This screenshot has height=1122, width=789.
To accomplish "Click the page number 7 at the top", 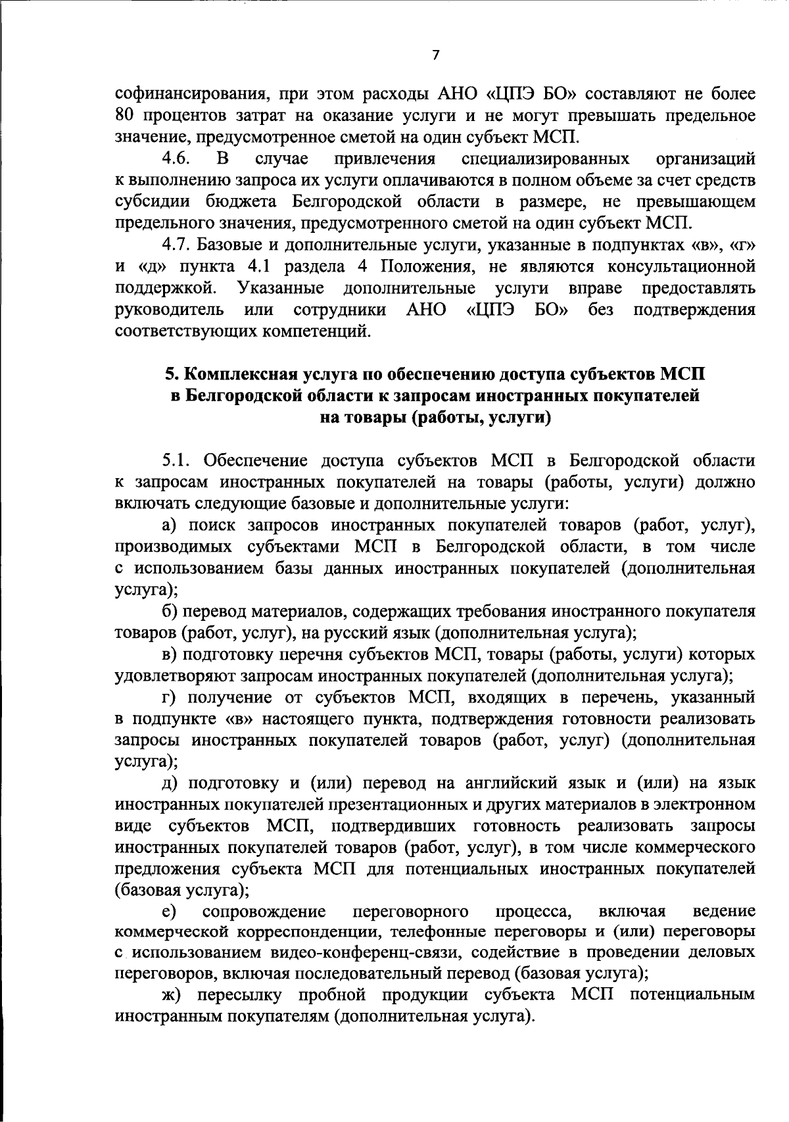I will [x=435, y=55].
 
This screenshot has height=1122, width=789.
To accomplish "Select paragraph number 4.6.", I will [x=177, y=159].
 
